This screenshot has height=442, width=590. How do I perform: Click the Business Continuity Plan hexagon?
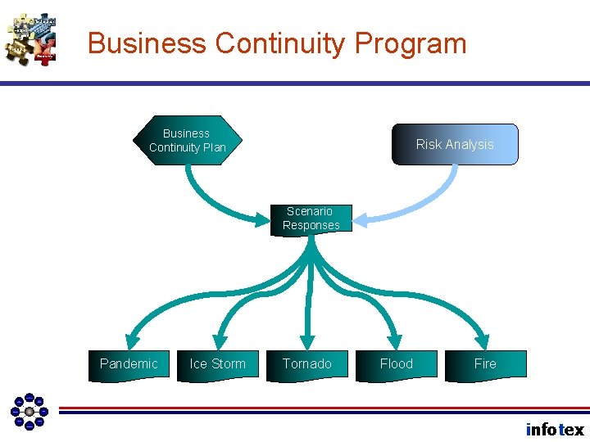tap(187, 141)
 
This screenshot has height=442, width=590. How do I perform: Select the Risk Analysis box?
tap(455, 145)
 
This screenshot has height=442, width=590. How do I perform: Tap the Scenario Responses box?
tap(311, 219)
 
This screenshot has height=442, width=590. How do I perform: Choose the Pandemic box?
tap(129, 364)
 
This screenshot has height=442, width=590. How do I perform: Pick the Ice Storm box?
tap(217, 364)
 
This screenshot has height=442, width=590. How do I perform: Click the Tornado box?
tap(307, 364)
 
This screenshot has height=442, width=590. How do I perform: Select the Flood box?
tap(397, 364)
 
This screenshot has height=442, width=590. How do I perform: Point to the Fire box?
tap(485, 364)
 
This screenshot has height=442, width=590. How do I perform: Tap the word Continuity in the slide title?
tap(276, 43)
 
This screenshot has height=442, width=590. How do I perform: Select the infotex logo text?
tap(555, 430)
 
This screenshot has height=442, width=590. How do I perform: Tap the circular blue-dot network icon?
tap(29, 411)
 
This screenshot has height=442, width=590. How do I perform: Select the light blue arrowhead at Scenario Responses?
tap(365, 219)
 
